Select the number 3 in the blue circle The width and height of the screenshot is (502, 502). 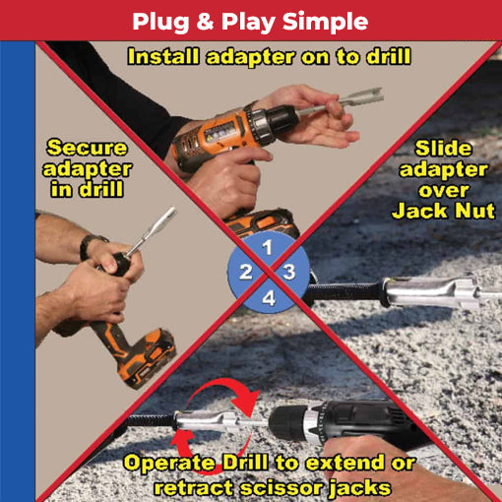pos(287,271)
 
